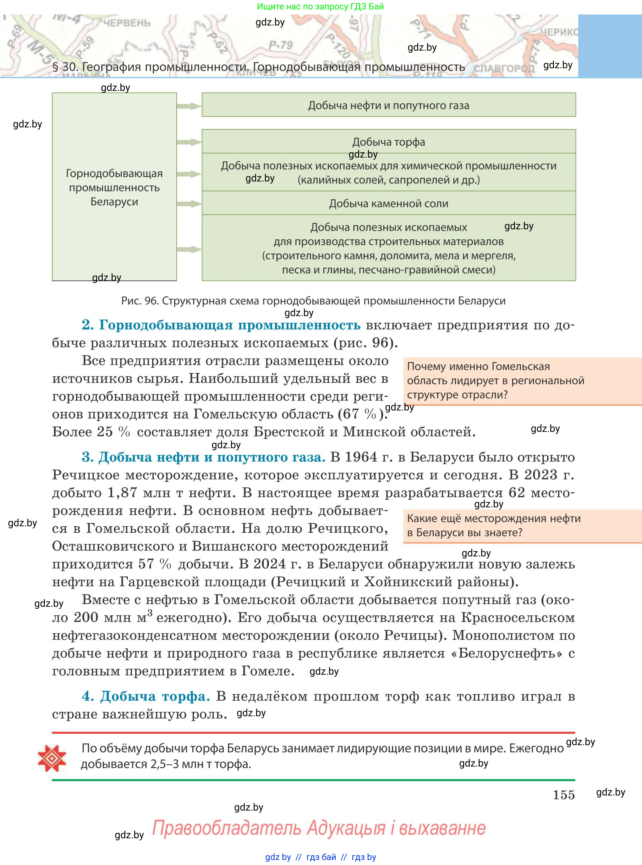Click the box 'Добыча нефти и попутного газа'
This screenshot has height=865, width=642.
click(389, 105)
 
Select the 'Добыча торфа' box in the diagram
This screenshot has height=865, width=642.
click(389, 142)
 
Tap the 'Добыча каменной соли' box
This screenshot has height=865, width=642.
click(389, 204)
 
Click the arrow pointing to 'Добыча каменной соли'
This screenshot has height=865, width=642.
click(189, 204)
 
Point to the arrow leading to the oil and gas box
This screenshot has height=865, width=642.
click(189, 106)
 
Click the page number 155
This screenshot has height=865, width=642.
click(563, 795)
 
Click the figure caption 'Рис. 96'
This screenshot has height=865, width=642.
click(140, 301)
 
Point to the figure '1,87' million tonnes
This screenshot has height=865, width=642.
click(122, 493)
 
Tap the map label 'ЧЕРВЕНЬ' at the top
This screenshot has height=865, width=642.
click(127, 23)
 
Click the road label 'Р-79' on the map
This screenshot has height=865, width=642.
click(281, 45)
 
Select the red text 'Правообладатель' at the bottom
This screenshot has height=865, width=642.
click(226, 827)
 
